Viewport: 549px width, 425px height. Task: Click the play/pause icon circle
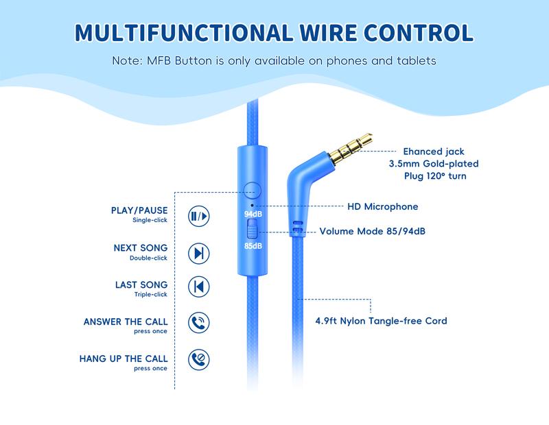(198, 217)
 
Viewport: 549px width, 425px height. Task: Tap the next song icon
(198, 253)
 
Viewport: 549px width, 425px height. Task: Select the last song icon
(198, 287)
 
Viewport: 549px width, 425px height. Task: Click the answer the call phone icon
(198, 323)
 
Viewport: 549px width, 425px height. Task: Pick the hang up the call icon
(198, 359)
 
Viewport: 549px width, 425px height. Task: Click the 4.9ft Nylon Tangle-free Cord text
(381, 320)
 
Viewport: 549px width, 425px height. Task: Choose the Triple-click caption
(151, 295)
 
